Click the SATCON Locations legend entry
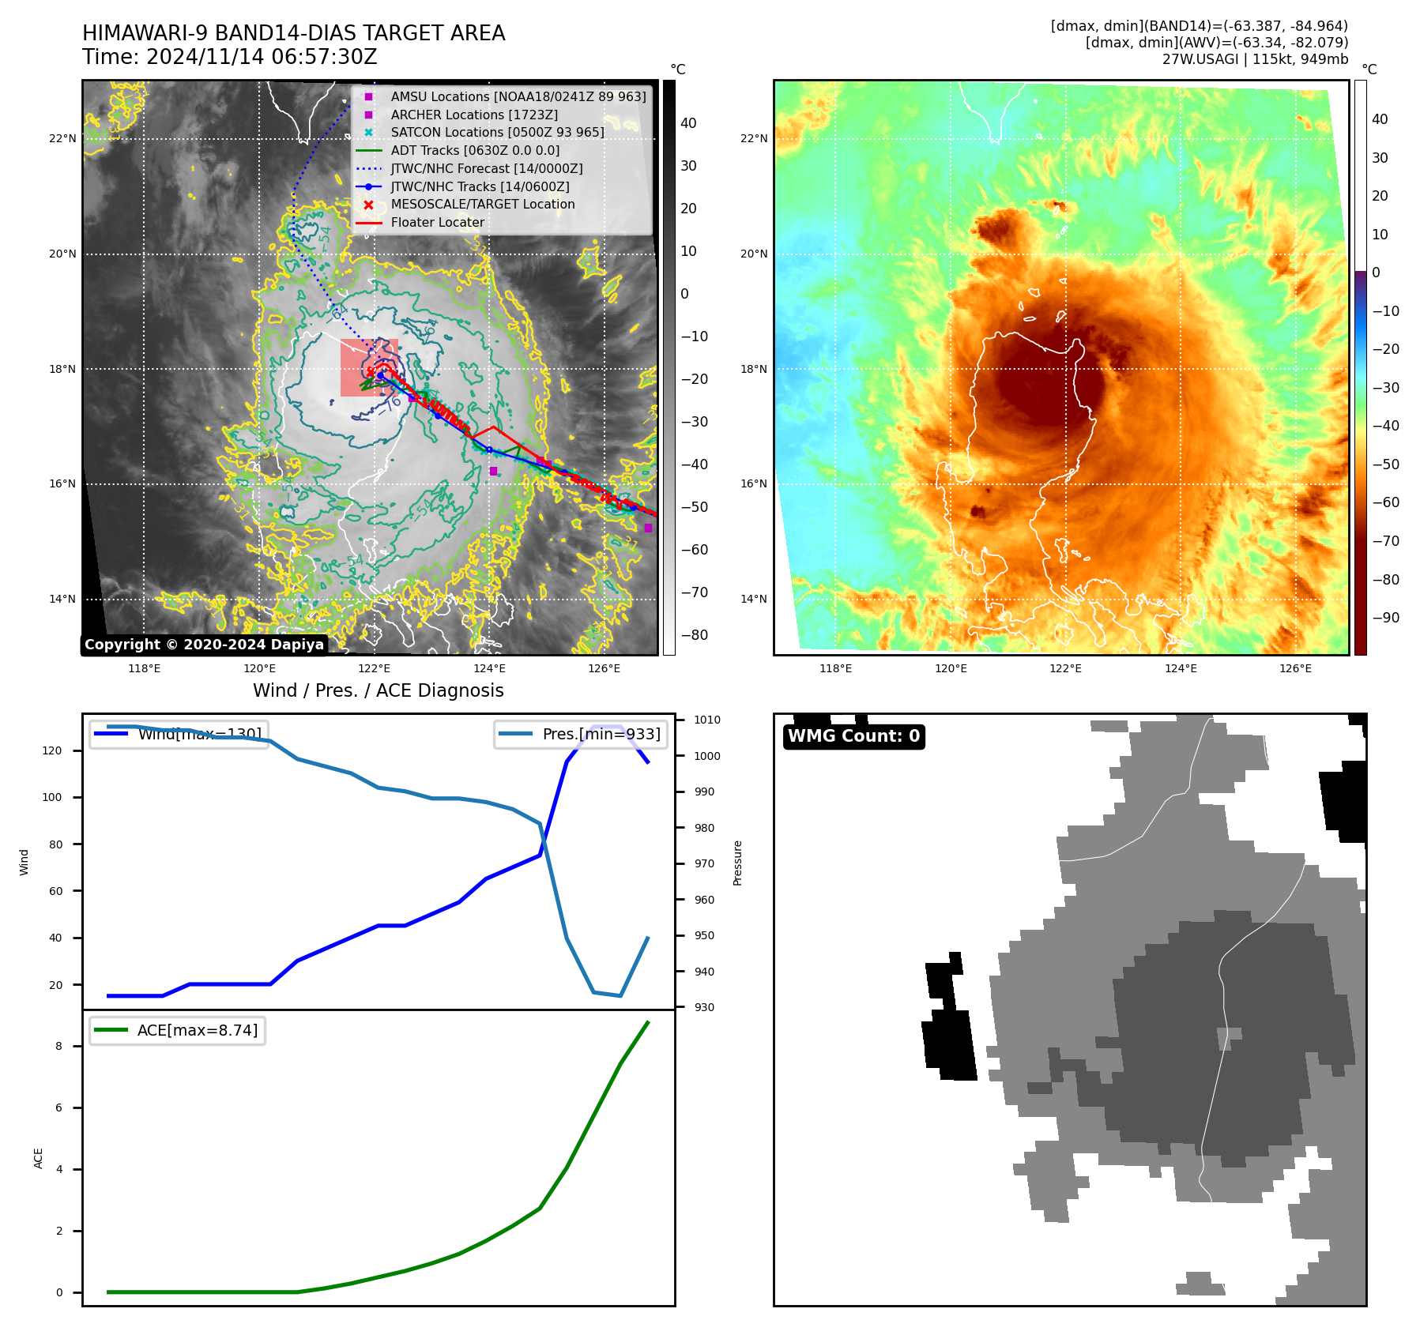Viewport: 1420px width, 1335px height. point(497,133)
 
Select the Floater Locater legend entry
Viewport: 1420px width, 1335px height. point(437,223)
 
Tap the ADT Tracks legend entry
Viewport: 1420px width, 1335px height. point(474,151)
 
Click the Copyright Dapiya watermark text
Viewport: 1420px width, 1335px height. point(204,645)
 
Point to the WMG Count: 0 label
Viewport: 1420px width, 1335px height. point(853,736)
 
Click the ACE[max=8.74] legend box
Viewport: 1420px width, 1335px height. point(178,1031)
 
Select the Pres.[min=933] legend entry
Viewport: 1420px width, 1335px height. point(581,735)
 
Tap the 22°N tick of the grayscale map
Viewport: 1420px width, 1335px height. point(63,139)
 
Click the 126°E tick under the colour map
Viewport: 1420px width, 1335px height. point(1295,669)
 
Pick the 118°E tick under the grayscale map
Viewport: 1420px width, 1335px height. point(145,669)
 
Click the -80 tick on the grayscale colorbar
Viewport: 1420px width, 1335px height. point(695,635)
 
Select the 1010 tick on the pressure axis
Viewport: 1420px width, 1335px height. point(707,720)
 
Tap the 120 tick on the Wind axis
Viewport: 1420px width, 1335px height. point(52,751)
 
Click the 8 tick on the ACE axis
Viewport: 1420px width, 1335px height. point(58,1047)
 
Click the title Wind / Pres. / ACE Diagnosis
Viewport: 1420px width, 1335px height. point(378,691)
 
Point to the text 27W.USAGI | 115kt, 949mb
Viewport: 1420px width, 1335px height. point(1255,59)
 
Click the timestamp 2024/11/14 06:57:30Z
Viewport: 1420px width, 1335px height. point(262,58)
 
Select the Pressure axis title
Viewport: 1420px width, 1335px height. point(738,863)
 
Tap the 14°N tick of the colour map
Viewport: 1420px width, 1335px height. point(754,600)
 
